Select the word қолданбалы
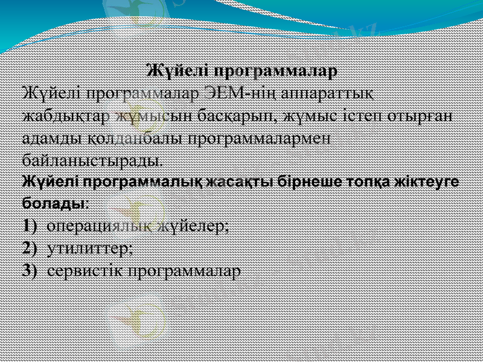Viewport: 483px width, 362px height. tap(136, 138)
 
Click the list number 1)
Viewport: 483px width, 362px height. tap(30, 226)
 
